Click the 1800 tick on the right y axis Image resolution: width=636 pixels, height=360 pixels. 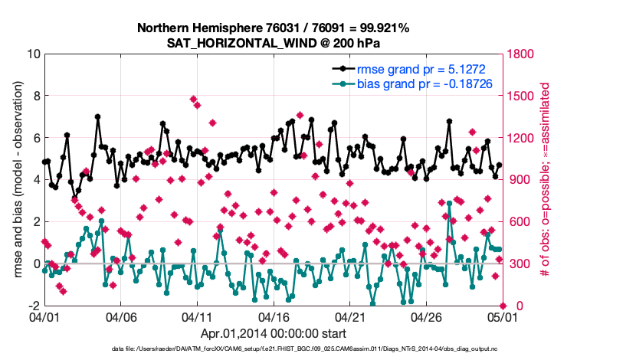click(x=517, y=54)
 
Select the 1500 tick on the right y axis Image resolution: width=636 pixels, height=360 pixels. click(x=517, y=97)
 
